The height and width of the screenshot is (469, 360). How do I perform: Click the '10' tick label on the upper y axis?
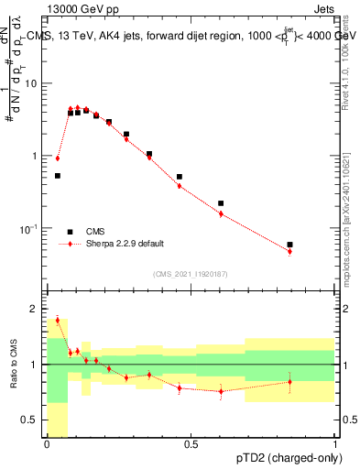(33, 83)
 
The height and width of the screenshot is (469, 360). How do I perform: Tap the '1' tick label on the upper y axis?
(37, 156)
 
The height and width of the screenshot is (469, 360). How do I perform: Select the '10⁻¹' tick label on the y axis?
(30, 227)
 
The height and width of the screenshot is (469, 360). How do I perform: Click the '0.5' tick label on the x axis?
(191, 445)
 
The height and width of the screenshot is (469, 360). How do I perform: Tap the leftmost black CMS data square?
(57, 175)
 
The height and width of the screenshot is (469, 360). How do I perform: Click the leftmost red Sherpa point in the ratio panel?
(57, 320)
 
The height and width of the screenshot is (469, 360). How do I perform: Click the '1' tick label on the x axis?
(334, 445)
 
